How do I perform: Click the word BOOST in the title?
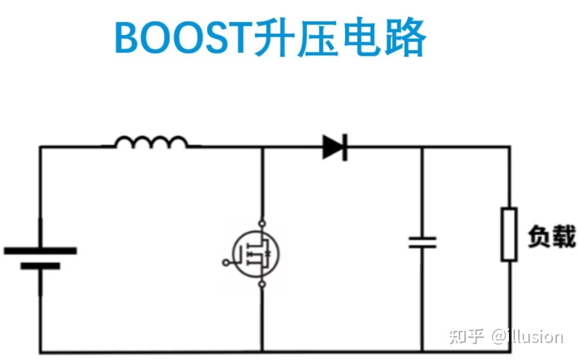tap(183, 38)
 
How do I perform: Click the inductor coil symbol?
tap(151, 142)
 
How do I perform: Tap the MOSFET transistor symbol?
tap(256, 252)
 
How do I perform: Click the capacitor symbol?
tap(422, 242)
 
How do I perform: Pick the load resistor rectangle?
tap(509, 234)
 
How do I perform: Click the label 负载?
tap(551, 236)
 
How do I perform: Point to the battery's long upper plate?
tap(40, 250)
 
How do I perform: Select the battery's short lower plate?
tap(40, 266)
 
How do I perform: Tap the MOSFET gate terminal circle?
tap(226, 263)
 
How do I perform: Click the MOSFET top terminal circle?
tap(262, 223)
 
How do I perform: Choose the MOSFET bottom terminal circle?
tap(262, 284)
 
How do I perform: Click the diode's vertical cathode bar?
tap(345, 147)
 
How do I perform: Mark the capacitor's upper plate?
tap(422, 238)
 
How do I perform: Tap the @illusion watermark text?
tap(527, 336)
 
